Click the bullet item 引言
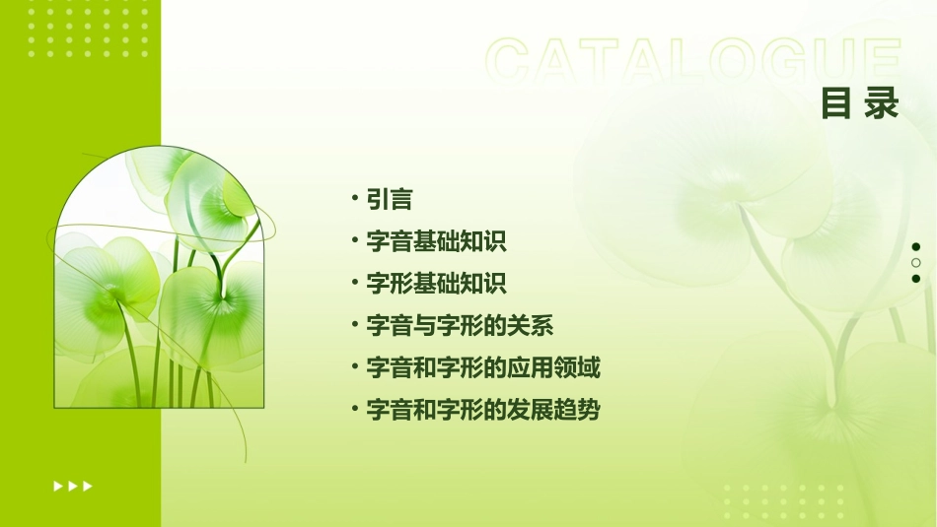pos(389,199)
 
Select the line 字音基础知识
pos(436,241)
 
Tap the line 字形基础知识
pos(436,284)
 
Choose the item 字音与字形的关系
pos(460,326)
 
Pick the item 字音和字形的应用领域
pos(483,368)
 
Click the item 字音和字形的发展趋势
pos(483,411)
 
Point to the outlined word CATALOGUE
pos(693,61)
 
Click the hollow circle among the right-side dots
pos(916,262)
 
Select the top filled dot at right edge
pos(916,246)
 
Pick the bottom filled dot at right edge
pos(916,278)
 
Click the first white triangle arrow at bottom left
pos(58,486)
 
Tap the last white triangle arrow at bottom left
pos(88,486)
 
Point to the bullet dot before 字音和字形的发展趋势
pos(354,409)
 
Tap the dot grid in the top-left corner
pos(88,29)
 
